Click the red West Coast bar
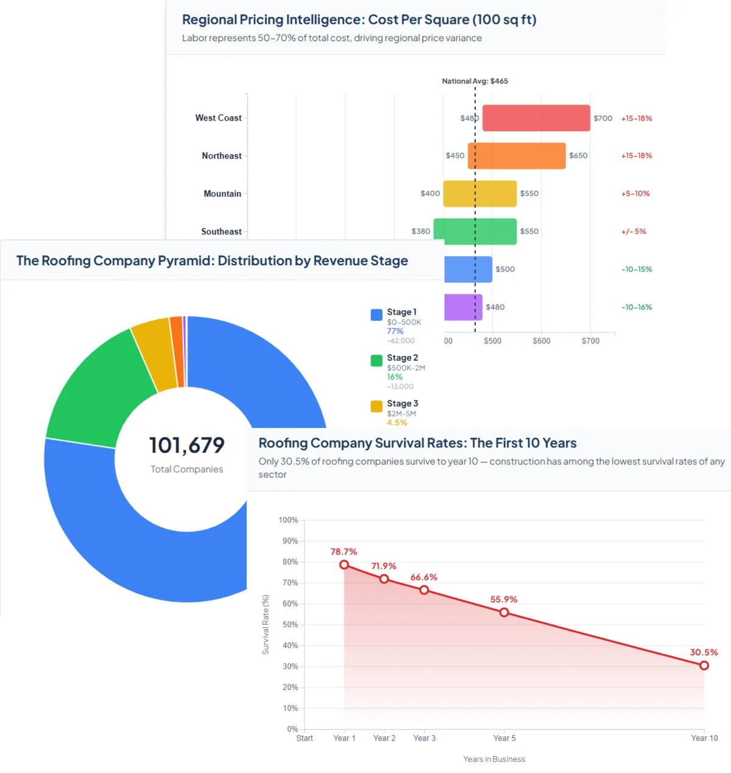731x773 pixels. (536, 118)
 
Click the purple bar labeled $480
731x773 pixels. (463, 307)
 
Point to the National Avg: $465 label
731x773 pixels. (475, 81)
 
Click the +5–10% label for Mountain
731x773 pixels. (635, 194)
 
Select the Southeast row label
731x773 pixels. (221, 232)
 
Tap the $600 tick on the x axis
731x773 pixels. (541, 341)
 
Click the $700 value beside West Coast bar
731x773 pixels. (602, 118)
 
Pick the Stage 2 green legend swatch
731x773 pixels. (376, 361)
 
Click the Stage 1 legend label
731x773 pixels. (401, 312)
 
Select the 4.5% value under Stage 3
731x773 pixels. (397, 422)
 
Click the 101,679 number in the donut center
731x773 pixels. (187, 446)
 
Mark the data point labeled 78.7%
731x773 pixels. (344, 565)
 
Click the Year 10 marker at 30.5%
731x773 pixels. (704, 666)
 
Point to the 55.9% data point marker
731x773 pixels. (504, 613)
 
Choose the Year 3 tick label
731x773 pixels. (424, 738)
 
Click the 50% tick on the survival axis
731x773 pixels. (290, 625)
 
